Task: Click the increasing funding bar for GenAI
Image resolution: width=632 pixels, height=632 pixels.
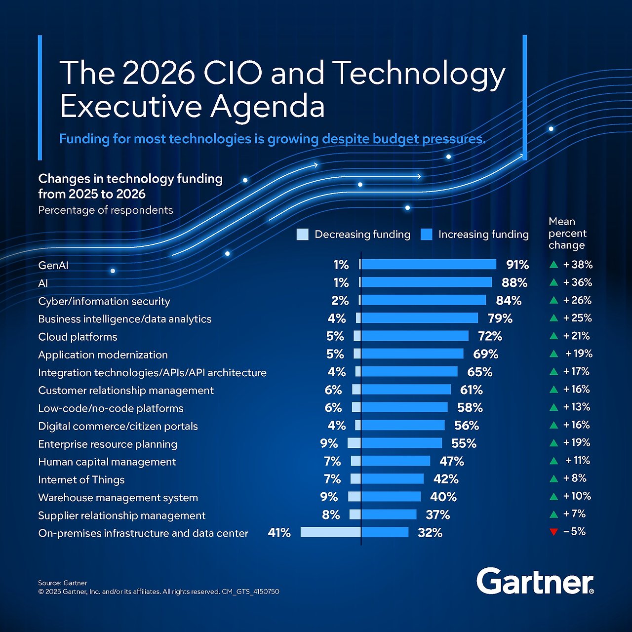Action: pos(429,265)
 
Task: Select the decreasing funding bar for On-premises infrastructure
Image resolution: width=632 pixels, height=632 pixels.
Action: pos(330,532)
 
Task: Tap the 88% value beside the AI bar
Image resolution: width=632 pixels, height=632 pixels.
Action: pos(514,282)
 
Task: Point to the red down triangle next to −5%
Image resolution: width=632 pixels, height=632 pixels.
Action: pos(553,532)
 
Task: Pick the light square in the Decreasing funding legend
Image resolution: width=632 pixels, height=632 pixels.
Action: pos(302,235)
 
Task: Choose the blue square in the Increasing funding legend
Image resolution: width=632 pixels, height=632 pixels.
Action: pos(426,235)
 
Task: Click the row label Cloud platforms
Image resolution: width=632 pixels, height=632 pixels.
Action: pos(78,337)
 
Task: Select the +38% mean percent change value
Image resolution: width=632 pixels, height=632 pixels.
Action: pos(578,265)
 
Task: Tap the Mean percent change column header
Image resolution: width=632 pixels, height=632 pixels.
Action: pos(567,233)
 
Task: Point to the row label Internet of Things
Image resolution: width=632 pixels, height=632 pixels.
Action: pos(81,479)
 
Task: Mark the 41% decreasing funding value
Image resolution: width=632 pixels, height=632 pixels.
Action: pos(279,533)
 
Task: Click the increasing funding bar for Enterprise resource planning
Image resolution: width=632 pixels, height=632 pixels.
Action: pos(401,443)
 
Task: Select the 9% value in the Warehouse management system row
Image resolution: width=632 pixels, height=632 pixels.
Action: pos(329,497)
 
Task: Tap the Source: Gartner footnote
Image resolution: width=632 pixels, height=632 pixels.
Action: pos(62,583)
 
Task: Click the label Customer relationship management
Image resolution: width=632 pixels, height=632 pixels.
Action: pos(126,390)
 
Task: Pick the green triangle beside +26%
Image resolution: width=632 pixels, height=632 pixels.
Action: pos(553,301)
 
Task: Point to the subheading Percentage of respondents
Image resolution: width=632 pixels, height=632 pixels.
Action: pos(105,210)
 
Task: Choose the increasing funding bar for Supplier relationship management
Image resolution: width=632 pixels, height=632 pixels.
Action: pos(389,514)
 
